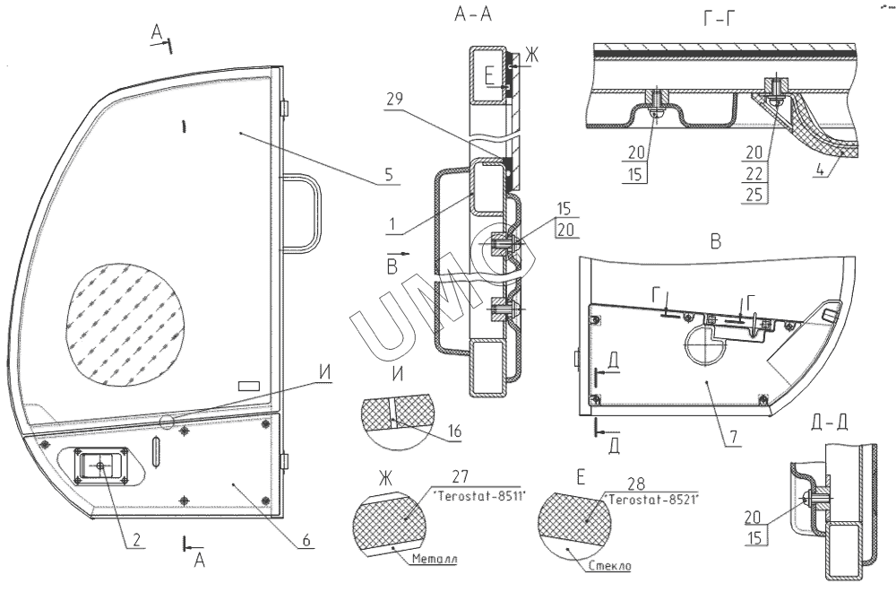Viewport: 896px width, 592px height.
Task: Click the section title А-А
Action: point(472,14)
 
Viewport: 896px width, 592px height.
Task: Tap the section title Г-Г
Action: point(719,20)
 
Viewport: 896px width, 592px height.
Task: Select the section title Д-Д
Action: point(830,422)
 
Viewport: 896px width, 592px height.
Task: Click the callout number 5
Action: point(389,174)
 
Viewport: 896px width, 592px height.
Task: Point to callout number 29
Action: point(393,99)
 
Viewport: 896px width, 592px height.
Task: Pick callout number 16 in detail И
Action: point(454,431)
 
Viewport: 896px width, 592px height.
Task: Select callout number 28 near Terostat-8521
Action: point(635,483)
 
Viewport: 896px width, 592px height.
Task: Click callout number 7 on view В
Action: point(733,438)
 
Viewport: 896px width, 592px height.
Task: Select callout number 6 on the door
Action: point(306,539)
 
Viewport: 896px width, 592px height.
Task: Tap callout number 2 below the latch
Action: point(136,539)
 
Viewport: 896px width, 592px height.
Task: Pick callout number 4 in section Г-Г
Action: point(820,170)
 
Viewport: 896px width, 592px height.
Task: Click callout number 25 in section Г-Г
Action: point(754,195)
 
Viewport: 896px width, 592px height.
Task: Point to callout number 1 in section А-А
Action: point(392,224)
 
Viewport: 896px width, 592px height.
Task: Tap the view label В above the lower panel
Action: point(715,242)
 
